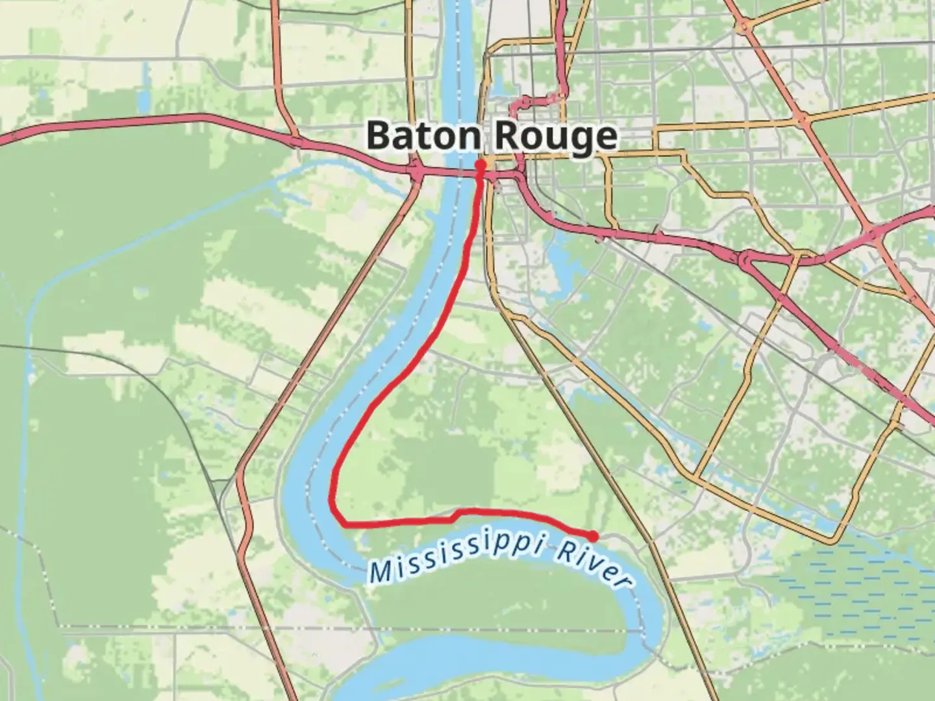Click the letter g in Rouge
582,139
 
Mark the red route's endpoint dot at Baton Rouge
481,165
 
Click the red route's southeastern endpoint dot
593,535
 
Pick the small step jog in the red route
456,515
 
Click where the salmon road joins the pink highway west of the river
295,141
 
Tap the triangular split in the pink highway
747,260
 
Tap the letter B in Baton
379,136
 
